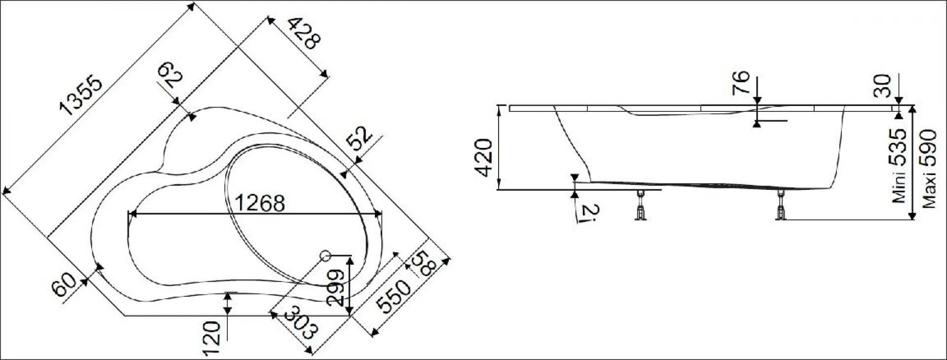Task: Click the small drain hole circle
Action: pyautogui.click(x=325, y=255)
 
